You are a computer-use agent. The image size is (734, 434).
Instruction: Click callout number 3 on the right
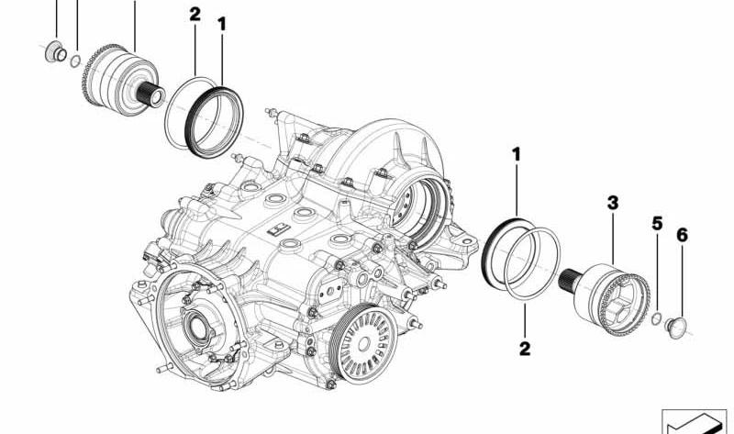(x=612, y=203)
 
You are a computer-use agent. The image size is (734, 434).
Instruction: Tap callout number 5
(x=657, y=224)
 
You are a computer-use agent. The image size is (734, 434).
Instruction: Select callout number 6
(x=682, y=235)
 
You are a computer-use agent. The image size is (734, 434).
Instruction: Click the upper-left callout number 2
(x=195, y=15)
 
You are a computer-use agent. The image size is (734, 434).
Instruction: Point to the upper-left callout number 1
(x=222, y=25)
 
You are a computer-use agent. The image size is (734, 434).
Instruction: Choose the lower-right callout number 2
(x=524, y=349)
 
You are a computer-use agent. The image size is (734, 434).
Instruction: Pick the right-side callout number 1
(x=517, y=154)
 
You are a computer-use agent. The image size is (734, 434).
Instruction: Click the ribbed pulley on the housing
(x=363, y=342)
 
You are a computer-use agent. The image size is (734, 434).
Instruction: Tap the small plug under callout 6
(x=675, y=328)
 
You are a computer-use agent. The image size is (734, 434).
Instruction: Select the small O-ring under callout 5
(x=656, y=318)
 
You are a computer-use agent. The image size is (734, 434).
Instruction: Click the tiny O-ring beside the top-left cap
(x=75, y=61)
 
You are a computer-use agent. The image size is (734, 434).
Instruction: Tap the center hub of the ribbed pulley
(x=363, y=344)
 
